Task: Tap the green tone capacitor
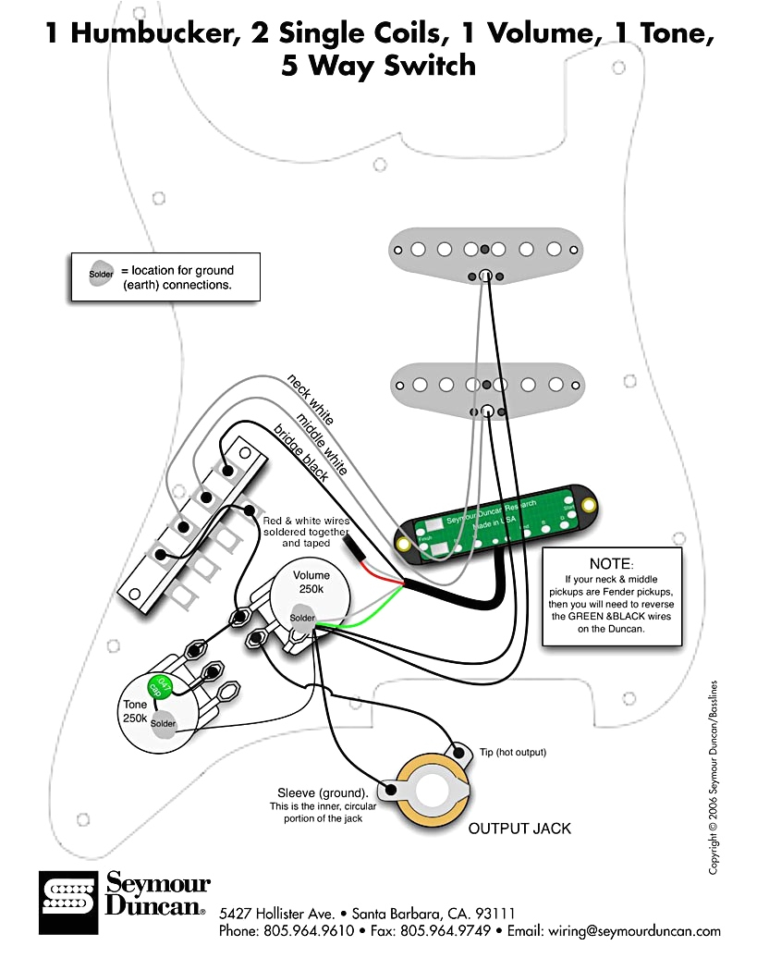158,687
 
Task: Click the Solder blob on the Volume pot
302,617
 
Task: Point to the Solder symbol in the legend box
101,275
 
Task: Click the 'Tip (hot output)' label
512,753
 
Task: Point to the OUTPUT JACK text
519,828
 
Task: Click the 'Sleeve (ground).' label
323,793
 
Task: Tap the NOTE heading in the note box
610,563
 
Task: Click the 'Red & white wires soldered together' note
305,528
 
